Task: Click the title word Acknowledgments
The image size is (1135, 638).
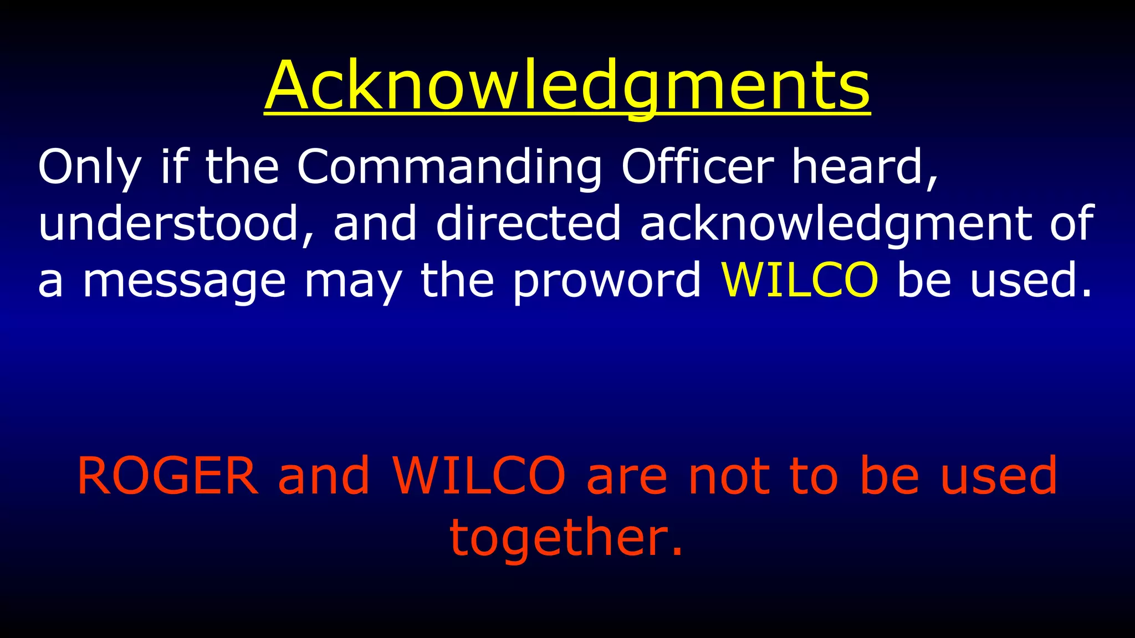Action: click(x=567, y=86)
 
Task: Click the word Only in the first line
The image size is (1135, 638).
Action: click(x=89, y=167)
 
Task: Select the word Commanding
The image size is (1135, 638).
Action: click(x=449, y=167)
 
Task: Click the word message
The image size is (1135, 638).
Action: click(x=184, y=281)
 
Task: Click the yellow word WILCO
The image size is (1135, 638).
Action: click(x=799, y=280)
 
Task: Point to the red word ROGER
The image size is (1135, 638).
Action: click(x=167, y=476)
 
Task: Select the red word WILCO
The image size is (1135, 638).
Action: click(x=479, y=476)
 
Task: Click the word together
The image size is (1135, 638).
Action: click(x=565, y=537)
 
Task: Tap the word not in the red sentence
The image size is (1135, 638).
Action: click(x=729, y=476)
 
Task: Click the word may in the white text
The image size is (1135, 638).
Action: click(x=353, y=281)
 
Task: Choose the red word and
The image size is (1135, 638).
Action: click(x=324, y=476)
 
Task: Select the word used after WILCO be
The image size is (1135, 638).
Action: click(x=1030, y=280)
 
